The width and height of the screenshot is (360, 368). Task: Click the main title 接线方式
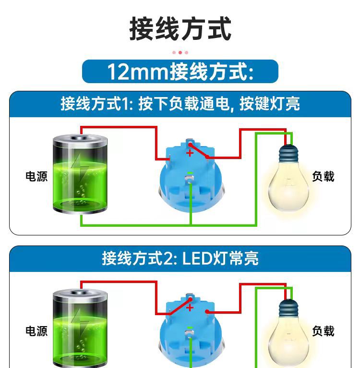[x=180, y=29]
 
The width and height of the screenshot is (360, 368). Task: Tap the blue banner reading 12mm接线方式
[x=180, y=72]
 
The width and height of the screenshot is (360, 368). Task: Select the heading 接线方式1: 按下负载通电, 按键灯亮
[x=180, y=104]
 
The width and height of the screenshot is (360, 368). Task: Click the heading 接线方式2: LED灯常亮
[x=180, y=258]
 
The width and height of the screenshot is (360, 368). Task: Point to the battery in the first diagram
[x=80, y=173]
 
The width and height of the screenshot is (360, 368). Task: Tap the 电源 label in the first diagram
[x=36, y=176]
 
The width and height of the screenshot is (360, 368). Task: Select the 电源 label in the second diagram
[x=36, y=331]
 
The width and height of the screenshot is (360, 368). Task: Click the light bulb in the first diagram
[x=288, y=178]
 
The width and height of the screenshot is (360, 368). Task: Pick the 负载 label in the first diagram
[x=323, y=176]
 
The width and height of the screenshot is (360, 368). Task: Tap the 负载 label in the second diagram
[x=323, y=331]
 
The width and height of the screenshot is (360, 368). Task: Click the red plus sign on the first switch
[x=190, y=153]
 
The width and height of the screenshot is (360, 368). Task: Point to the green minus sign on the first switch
[x=190, y=173]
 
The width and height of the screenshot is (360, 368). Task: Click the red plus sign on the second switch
[x=190, y=307]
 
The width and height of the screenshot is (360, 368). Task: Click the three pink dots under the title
[x=180, y=52]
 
